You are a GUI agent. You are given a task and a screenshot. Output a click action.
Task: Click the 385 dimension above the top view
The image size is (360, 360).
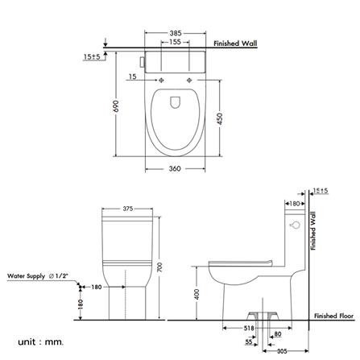[x=175, y=33]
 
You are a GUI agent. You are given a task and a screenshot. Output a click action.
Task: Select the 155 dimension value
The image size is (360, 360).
[x=175, y=42]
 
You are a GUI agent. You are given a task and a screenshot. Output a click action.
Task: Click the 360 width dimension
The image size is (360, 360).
[x=175, y=168]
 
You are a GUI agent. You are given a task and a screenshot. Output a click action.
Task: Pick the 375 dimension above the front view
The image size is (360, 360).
[x=127, y=209]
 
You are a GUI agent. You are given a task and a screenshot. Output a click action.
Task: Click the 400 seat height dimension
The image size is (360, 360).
[x=197, y=295]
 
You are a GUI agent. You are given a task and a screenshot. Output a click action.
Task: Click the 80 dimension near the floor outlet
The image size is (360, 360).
[x=278, y=334]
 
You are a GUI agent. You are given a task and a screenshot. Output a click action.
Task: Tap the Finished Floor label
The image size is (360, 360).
[x=334, y=316]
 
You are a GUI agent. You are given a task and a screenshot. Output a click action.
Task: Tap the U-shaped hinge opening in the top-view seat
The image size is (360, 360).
[x=175, y=101]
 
